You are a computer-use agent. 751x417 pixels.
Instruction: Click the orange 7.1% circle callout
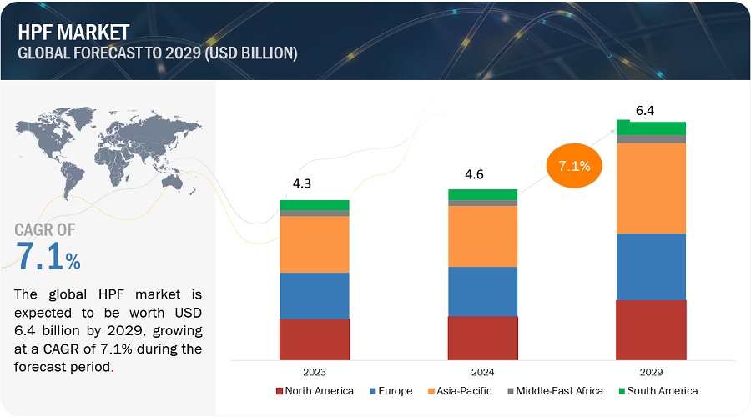point(573,166)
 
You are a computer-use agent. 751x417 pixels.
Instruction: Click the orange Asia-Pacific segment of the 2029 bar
point(651,188)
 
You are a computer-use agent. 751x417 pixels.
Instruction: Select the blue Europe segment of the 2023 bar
point(315,295)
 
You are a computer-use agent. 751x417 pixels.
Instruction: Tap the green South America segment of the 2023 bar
point(315,204)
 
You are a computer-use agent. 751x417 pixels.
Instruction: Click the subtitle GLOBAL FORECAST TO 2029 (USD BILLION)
point(154,53)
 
